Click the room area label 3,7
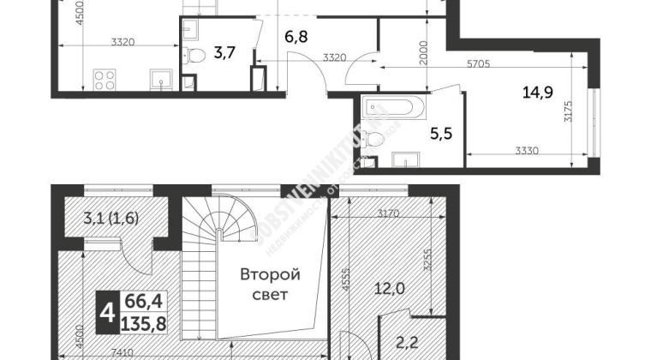(225, 53)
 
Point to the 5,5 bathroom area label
(439, 134)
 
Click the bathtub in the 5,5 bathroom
(390, 110)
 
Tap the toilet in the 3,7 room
(196, 57)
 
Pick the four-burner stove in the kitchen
(105, 81)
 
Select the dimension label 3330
(529, 151)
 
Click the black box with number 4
(108, 316)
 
